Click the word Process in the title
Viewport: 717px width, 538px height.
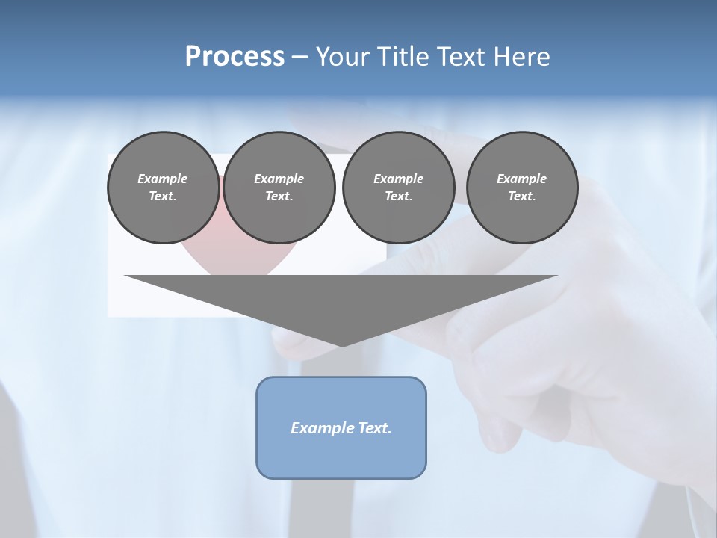[x=235, y=57]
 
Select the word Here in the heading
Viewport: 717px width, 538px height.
[x=523, y=57]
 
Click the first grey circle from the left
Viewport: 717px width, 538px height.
[x=164, y=188]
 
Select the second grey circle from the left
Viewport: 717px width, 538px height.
[x=279, y=188]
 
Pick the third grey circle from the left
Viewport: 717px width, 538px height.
[x=398, y=188]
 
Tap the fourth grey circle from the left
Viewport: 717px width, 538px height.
[x=522, y=188]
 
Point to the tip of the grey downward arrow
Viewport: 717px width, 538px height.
[x=342, y=344]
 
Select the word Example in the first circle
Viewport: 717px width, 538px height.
[x=163, y=179]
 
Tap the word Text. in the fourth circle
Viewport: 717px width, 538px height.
[x=522, y=197]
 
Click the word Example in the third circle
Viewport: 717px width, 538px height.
[x=398, y=179]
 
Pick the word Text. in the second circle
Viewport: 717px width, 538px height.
[x=279, y=197]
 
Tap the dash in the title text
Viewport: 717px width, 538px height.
[x=300, y=57]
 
